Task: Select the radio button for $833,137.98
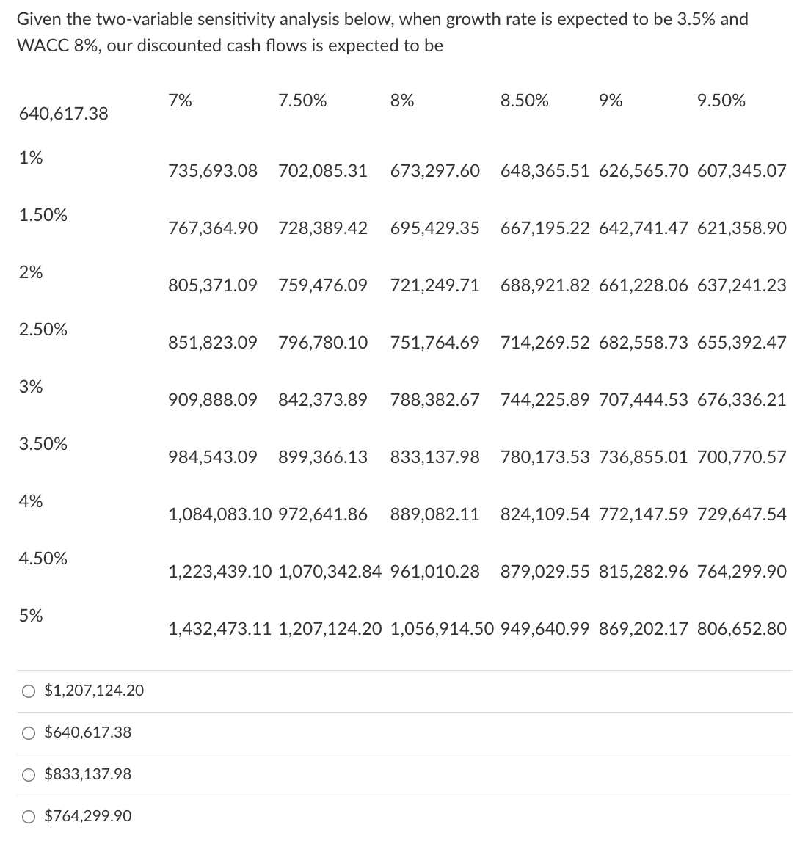point(28,774)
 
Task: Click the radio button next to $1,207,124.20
point(28,691)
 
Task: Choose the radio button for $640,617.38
point(28,732)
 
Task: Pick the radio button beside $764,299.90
point(28,816)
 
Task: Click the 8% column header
point(402,101)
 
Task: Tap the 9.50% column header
point(721,101)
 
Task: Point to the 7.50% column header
point(302,101)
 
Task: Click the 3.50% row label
point(43,444)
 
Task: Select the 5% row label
point(31,616)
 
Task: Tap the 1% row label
point(31,158)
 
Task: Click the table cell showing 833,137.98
point(435,457)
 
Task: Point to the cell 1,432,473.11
point(220,629)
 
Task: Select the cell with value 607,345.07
point(741,171)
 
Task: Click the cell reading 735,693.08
point(213,171)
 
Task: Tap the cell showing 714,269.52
point(545,343)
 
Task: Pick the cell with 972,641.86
point(323,514)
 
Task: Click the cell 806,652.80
point(741,629)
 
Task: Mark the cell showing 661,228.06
point(644,285)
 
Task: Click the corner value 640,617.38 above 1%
point(63,114)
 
